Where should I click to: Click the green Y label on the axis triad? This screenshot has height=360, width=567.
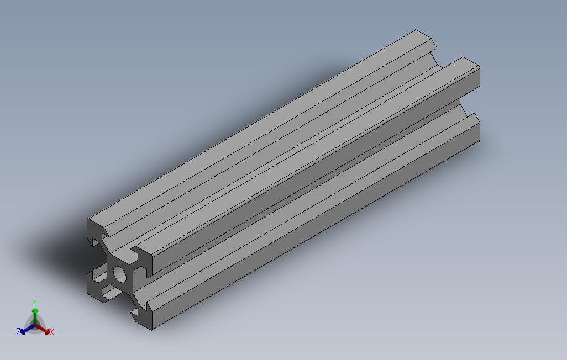coord(35,302)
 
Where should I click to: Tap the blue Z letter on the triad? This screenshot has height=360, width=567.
coord(18,331)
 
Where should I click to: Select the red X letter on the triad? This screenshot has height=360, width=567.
coord(52,331)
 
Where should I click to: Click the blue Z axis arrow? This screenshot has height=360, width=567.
coord(28,329)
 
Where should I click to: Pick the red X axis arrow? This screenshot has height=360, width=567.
coord(43,329)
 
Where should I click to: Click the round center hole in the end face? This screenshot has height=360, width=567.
coord(120,274)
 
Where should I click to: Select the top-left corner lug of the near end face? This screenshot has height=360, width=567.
coord(95,231)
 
